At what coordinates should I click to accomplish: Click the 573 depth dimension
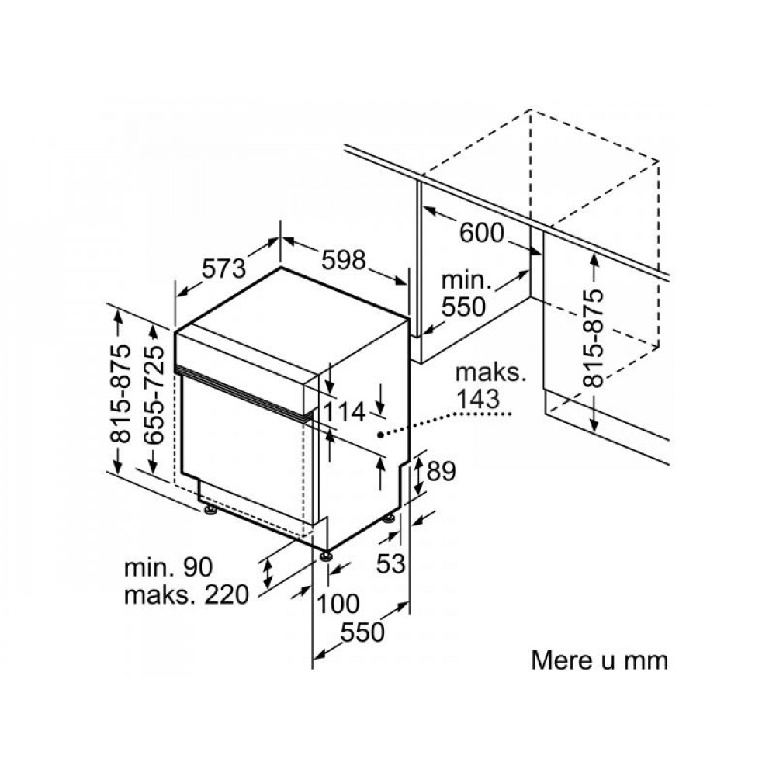(223, 268)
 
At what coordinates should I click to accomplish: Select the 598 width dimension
(344, 260)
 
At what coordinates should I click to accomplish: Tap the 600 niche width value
(482, 233)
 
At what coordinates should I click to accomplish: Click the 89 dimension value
(441, 471)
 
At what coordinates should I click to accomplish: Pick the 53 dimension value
(391, 563)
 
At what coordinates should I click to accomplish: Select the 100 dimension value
(338, 603)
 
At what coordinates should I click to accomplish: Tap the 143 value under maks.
(478, 399)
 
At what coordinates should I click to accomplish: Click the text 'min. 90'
(168, 567)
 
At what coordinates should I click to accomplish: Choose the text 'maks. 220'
(186, 594)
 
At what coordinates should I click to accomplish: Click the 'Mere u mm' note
(599, 660)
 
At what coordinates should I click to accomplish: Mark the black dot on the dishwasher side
(380, 435)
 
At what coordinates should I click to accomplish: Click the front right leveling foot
(326, 556)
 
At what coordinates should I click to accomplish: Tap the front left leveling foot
(210, 511)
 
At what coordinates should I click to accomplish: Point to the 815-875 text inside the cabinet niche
(594, 338)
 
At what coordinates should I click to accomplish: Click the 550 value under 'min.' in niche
(464, 307)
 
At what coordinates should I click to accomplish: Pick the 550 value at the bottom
(362, 632)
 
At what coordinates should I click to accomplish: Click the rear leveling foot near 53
(390, 518)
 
